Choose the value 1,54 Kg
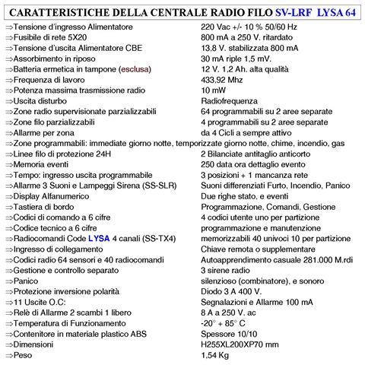pyautogui.click(x=218, y=354)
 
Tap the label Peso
pyautogui.click(x=27, y=354)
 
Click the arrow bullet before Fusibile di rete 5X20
pyautogui.click(x=8, y=37)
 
